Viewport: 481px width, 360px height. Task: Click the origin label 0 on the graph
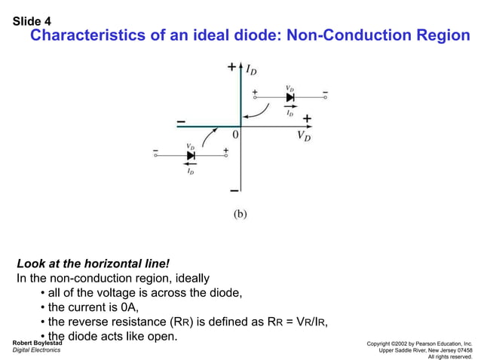click(235, 135)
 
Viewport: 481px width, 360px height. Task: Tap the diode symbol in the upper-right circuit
click(290, 97)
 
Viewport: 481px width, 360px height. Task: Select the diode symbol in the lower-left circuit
click(191, 155)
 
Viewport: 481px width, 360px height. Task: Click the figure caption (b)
click(238, 213)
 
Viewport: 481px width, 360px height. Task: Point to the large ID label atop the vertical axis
click(250, 70)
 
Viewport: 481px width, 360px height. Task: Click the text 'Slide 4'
click(32, 21)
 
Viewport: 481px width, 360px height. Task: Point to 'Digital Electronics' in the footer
click(37, 351)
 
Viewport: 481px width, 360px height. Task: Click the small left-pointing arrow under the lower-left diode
click(191, 163)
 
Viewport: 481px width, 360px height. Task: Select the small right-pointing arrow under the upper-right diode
click(290, 106)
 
